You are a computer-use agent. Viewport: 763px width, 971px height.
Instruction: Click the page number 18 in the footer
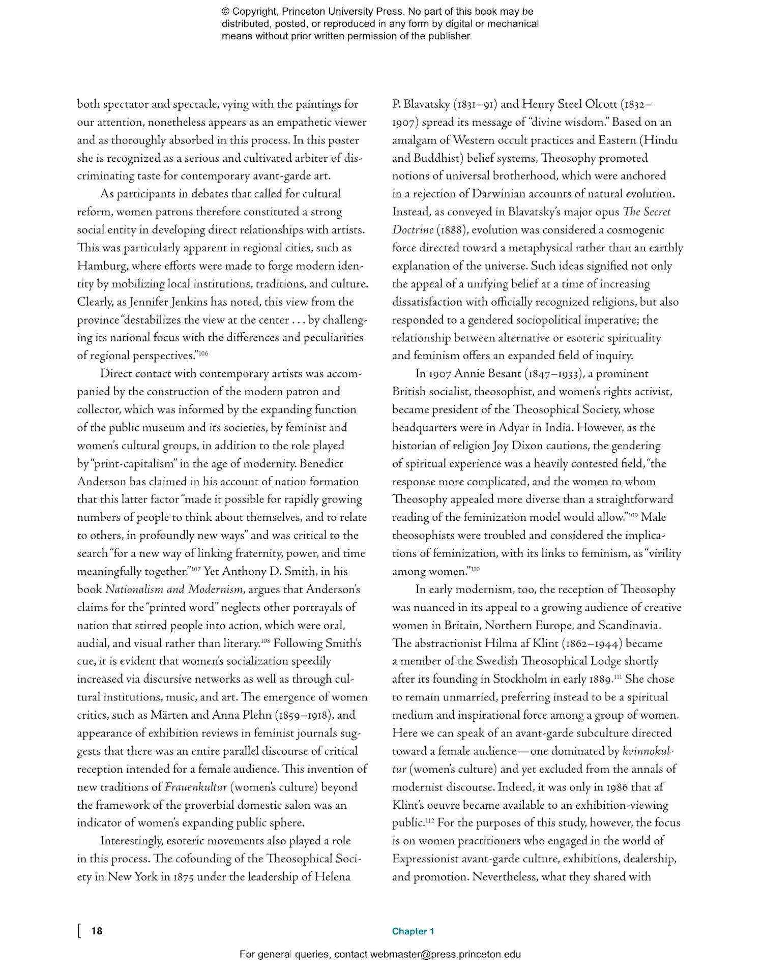(x=97, y=931)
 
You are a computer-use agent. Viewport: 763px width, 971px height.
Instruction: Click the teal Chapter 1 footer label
(x=413, y=931)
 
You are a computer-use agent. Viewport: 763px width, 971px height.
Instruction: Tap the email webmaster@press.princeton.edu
(x=445, y=954)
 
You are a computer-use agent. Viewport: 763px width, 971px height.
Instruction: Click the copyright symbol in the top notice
(x=225, y=12)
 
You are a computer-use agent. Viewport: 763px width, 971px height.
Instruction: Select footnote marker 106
(x=203, y=353)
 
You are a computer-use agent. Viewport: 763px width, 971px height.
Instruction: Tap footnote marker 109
(x=633, y=515)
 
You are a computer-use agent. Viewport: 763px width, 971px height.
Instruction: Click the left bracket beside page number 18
(x=79, y=931)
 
